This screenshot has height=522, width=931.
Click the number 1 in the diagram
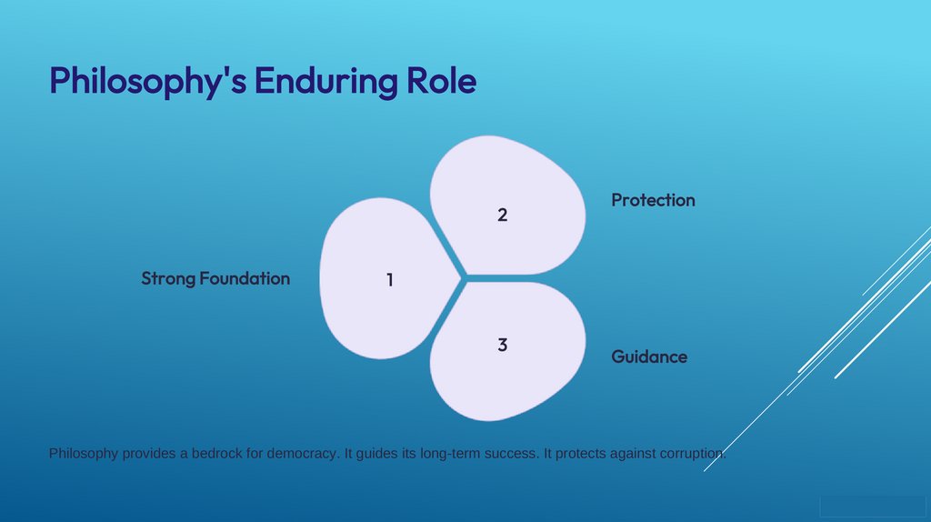[x=389, y=280]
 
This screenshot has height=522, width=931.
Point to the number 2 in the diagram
[x=502, y=215]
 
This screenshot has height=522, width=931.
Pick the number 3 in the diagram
[x=502, y=345]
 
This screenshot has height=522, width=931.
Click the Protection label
[x=653, y=200]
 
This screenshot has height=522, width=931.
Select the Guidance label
[x=649, y=356]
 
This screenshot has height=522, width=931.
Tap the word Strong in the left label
[x=168, y=278]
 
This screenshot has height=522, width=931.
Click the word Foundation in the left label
[x=245, y=278]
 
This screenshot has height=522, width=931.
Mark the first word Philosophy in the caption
[x=84, y=453]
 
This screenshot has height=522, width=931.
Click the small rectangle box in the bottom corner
[x=872, y=507]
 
